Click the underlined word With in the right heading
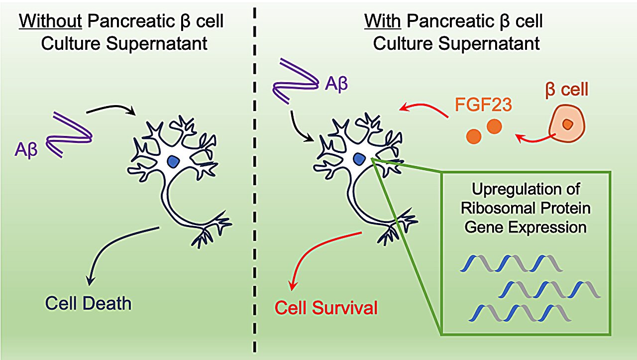point(383,22)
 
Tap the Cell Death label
point(88,303)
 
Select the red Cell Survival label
point(326,307)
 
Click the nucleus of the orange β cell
point(567,124)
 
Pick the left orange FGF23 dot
point(474,135)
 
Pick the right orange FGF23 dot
point(494,126)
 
